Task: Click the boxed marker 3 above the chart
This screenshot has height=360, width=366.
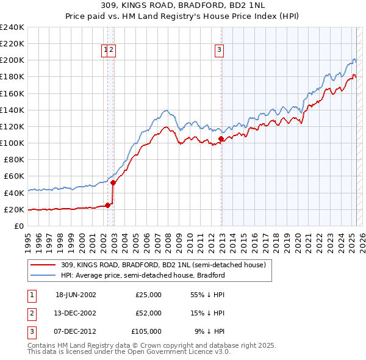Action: [219, 51]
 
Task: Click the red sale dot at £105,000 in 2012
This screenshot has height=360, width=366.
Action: [221, 139]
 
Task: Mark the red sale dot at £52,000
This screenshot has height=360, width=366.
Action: [113, 182]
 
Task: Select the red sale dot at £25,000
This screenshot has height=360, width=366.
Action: [108, 205]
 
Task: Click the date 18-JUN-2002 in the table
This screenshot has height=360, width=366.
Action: [76, 295]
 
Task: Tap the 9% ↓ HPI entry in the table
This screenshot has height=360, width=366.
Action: [209, 331]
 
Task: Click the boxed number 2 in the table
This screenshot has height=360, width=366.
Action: [30, 313]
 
